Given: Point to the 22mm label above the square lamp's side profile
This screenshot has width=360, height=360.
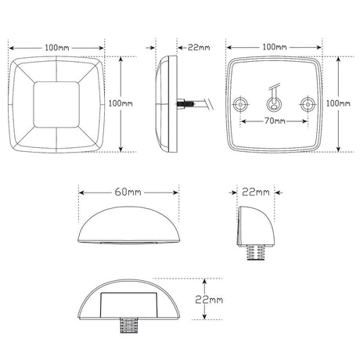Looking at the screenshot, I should click(x=199, y=47).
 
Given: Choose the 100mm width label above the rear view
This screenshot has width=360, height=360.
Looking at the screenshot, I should click(x=275, y=47).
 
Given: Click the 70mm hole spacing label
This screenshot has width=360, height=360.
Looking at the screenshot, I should click(x=274, y=122).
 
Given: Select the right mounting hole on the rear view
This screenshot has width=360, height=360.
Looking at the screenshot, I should click(x=307, y=103).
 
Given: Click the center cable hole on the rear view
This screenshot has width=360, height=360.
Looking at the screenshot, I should click(x=274, y=103).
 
